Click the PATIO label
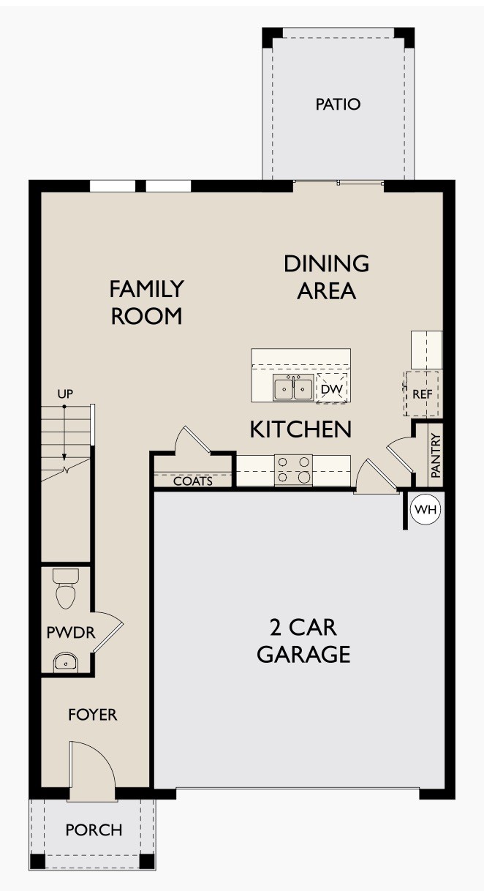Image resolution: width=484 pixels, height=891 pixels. click(338, 105)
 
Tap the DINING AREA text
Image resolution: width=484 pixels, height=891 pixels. click(326, 277)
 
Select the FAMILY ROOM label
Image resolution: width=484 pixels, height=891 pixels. click(145, 302)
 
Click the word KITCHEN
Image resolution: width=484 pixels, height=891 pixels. click(300, 429)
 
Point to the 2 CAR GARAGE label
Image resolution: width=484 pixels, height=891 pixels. click(303, 640)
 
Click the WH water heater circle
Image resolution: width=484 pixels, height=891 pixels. click(425, 510)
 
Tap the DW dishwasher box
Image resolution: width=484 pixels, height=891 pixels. click(331, 389)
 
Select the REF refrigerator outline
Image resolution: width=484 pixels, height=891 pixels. click(423, 393)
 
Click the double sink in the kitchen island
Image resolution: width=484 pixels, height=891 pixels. click(293, 388)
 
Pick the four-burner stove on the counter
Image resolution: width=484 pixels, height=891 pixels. click(293, 470)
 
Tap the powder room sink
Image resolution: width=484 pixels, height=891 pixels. click(67, 662)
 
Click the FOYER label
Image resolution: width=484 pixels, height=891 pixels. click(93, 715)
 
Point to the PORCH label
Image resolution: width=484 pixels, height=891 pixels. click(94, 830)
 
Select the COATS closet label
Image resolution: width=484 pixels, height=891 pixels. click(193, 481)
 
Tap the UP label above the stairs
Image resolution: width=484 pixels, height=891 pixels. click(65, 394)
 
